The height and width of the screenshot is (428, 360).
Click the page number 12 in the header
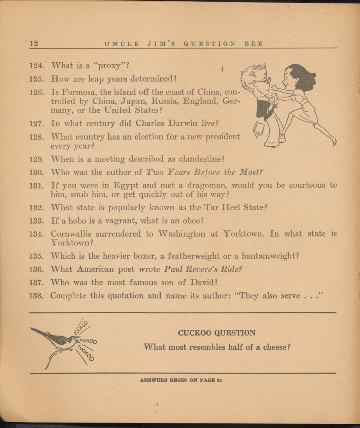pyautogui.click(x=33, y=43)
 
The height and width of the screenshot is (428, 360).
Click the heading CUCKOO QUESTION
pyautogui.click(x=216, y=333)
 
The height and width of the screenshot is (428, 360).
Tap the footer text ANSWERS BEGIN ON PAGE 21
pyautogui.click(x=180, y=380)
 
